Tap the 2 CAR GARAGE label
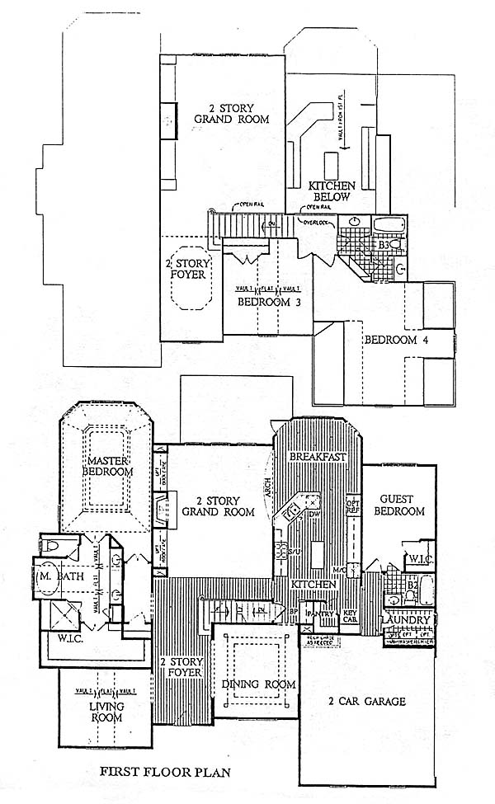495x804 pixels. pyautogui.click(x=368, y=703)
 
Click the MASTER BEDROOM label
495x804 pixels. pyautogui.click(x=108, y=466)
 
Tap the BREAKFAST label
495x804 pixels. pyautogui.click(x=317, y=457)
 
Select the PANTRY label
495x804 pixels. pyautogui.click(x=318, y=614)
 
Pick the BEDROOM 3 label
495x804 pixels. pyautogui.click(x=264, y=302)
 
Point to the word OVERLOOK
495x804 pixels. pyautogui.click(x=316, y=222)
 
